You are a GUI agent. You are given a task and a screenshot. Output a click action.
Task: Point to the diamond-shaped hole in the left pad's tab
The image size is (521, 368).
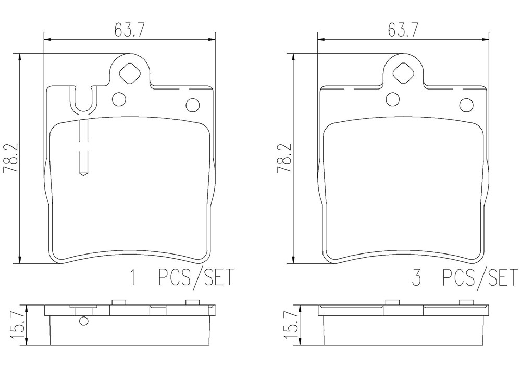129,73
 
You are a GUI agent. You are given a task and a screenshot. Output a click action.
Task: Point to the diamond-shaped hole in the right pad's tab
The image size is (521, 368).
403,73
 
